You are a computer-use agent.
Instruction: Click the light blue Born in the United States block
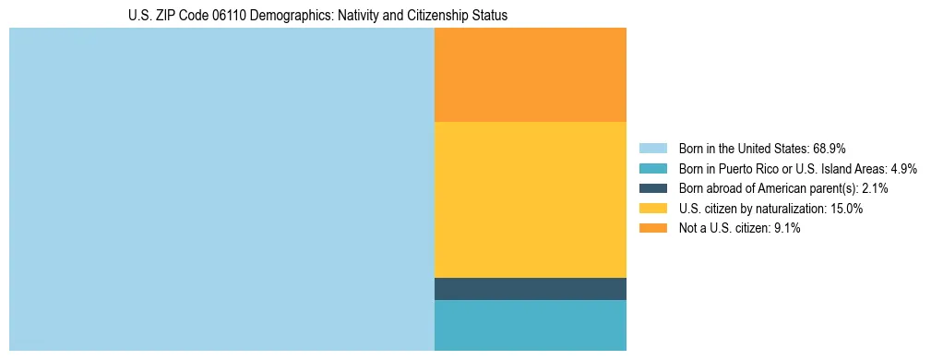(x=221, y=189)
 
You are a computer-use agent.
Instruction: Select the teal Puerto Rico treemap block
(x=530, y=325)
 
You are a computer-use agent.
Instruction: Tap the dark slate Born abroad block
(x=530, y=289)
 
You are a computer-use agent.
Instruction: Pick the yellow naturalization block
(x=530, y=199)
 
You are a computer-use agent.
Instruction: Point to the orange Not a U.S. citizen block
(x=530, y=75)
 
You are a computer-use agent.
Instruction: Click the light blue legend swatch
(x=652, y=148)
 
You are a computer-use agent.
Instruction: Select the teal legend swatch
(x=652, y=168)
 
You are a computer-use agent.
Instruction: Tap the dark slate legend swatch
(x=652, y=188)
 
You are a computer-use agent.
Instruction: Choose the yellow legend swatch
(x=652, y=209)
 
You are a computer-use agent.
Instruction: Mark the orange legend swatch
(x=652, y=228)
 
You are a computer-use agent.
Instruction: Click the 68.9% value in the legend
(x=830, y=148)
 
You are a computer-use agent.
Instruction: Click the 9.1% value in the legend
(x=786, y=228)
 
